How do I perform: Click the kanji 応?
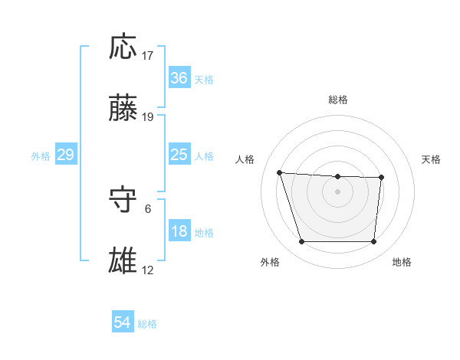point(124,47)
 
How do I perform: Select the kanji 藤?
point(124,109)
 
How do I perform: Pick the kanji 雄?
point(124,260)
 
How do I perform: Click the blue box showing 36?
point(179,78)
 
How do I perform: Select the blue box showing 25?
point(179,155)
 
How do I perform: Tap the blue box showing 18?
point(179,231)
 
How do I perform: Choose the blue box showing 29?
point(65,155)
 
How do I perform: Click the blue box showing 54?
point(123,323)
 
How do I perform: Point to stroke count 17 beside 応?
point(147,56)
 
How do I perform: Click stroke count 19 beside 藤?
point(147,117)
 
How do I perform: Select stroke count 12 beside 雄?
point(147,270)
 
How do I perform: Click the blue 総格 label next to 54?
point(147,324)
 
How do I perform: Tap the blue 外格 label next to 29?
point(41,155)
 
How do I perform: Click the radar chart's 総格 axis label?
point(338,100)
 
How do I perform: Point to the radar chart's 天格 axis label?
point(432,159)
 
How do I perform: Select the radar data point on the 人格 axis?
point(280,172)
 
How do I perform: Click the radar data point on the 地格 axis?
point(373,242)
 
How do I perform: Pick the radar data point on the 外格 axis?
point(301,242)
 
